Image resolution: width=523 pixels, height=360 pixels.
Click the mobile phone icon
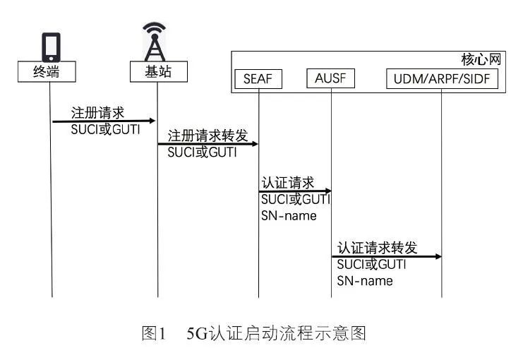tap(51, 47)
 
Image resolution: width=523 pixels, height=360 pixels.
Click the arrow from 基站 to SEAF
tap(208, 144)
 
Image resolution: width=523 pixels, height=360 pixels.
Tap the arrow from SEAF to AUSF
tap(295, 191)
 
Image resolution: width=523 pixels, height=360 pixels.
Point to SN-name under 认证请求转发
tap(364, 280)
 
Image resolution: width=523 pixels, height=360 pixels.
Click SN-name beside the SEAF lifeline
tap(289, 215)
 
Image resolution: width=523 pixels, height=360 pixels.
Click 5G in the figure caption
tap(196, 333)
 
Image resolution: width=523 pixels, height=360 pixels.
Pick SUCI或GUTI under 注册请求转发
tap(202, 152)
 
